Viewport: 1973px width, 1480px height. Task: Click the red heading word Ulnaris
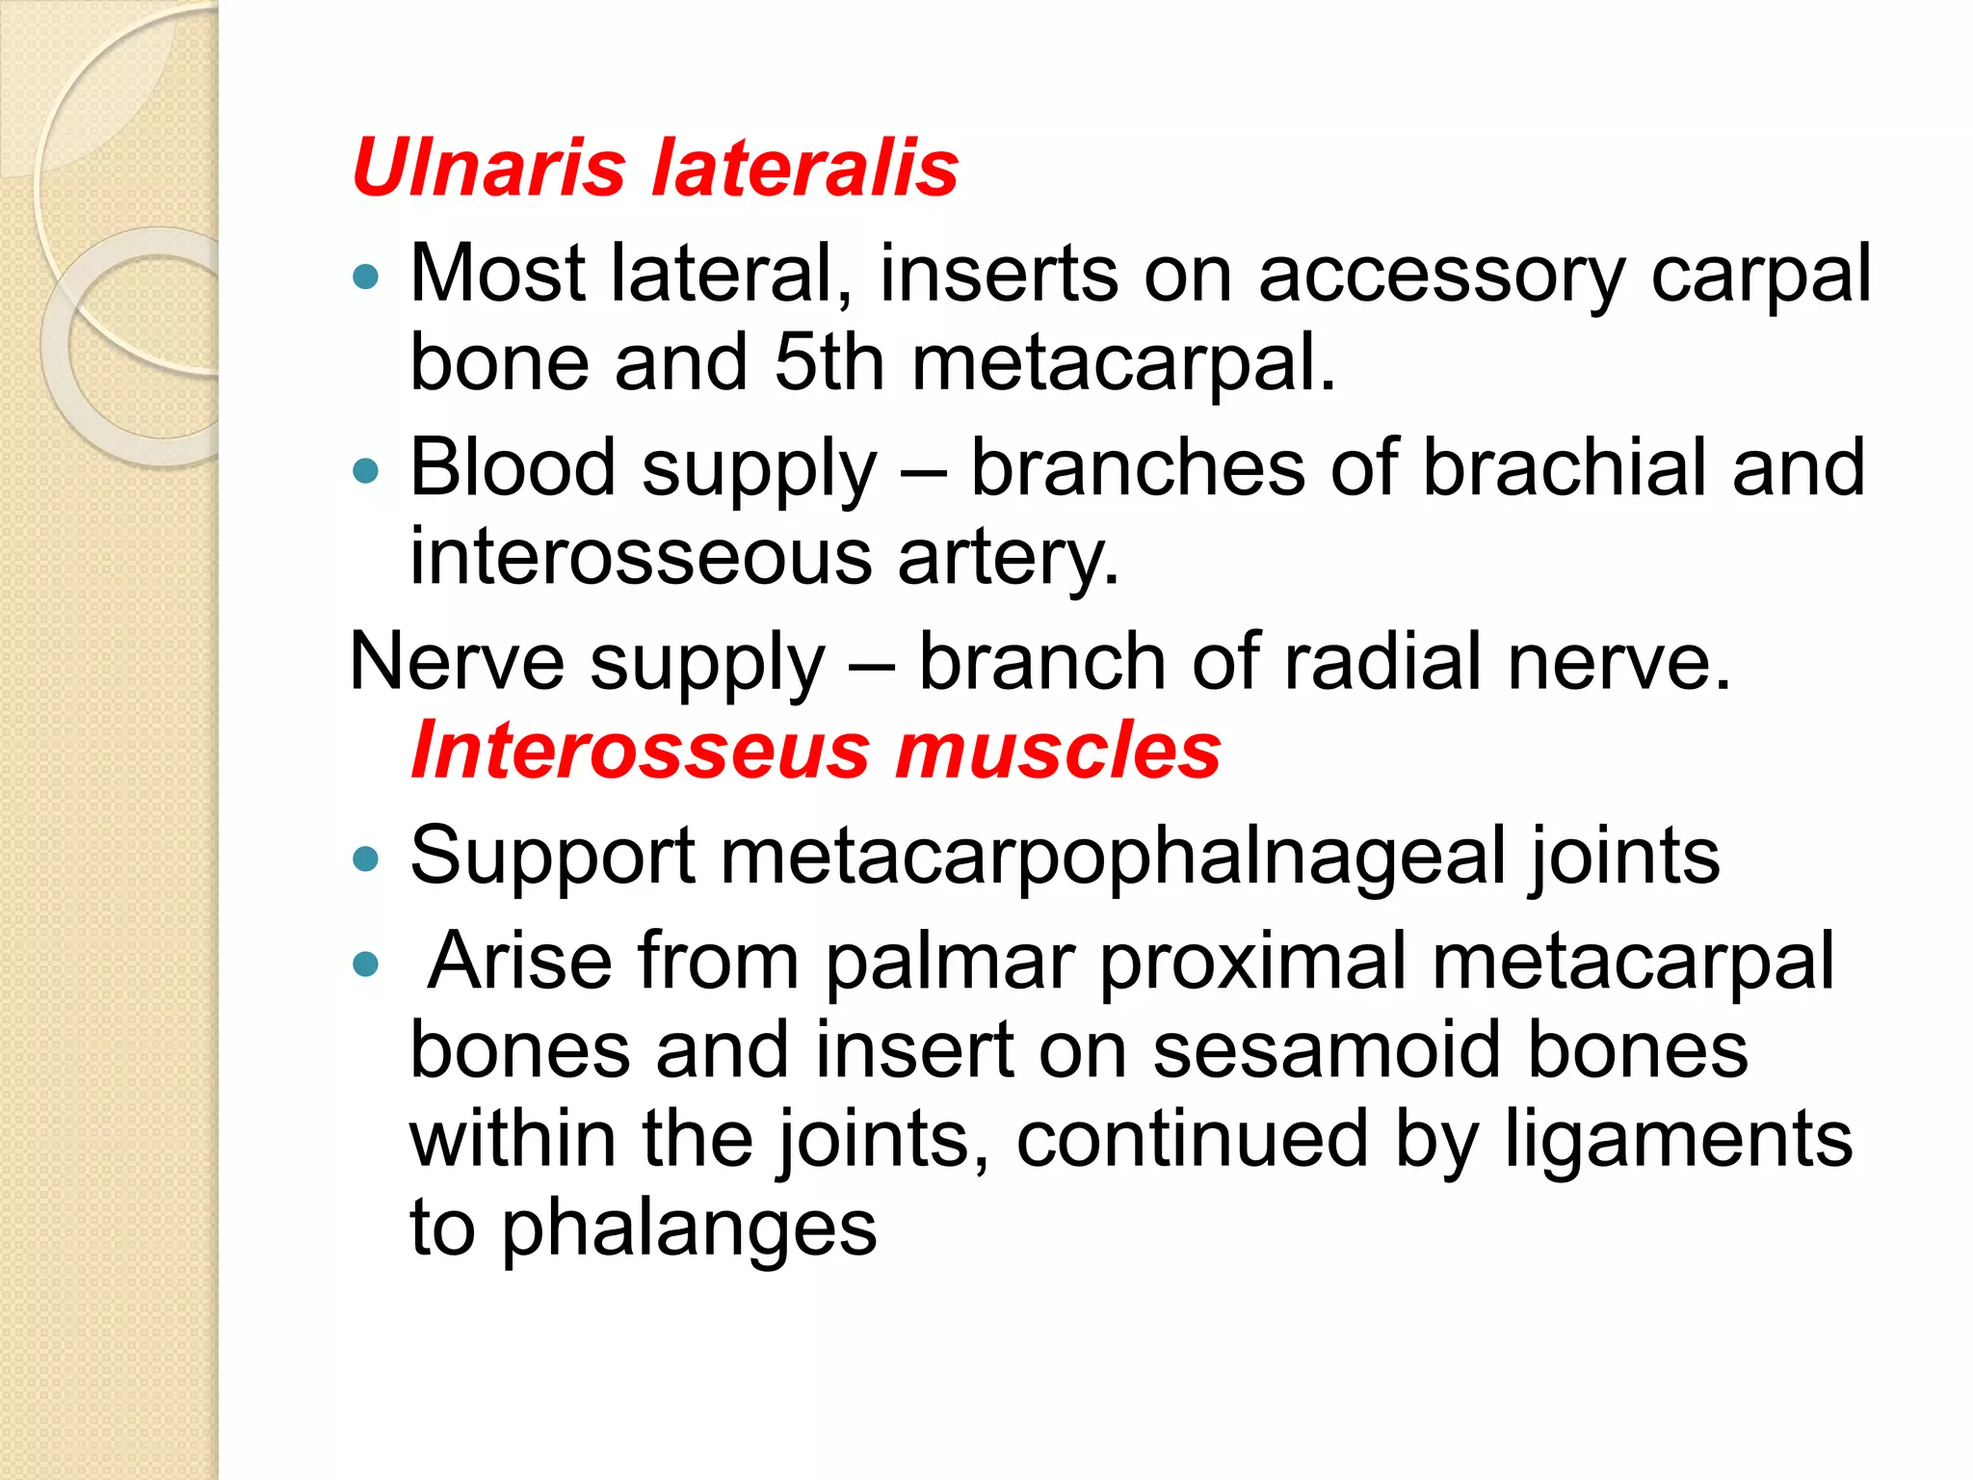(489, 168)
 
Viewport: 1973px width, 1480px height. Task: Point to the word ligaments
(1678, 1139)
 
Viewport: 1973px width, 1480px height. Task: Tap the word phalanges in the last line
(689, 1229)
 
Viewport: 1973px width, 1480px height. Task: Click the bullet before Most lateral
(366, 278)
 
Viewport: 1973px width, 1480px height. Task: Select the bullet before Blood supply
(366, 471)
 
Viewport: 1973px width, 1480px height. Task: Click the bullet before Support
(366, 859)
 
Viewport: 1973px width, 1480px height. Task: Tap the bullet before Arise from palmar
(366, 964)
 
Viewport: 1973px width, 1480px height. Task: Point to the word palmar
(949, 962)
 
